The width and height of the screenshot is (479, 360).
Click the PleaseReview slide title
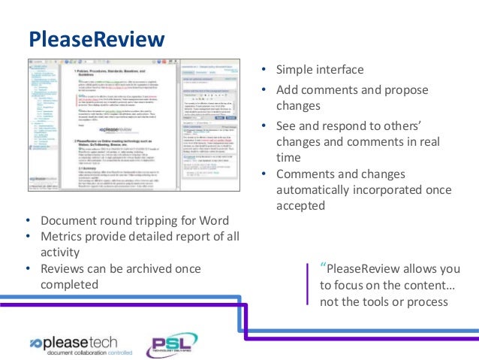(95, 38)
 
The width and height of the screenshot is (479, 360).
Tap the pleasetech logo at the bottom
(79, 342)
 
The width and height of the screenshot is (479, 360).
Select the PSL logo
(171, 344)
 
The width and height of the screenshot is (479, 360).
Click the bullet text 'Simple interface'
(320, 70)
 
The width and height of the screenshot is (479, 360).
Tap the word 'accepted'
(300, 205)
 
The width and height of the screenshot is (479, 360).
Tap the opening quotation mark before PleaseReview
(323, 266)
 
